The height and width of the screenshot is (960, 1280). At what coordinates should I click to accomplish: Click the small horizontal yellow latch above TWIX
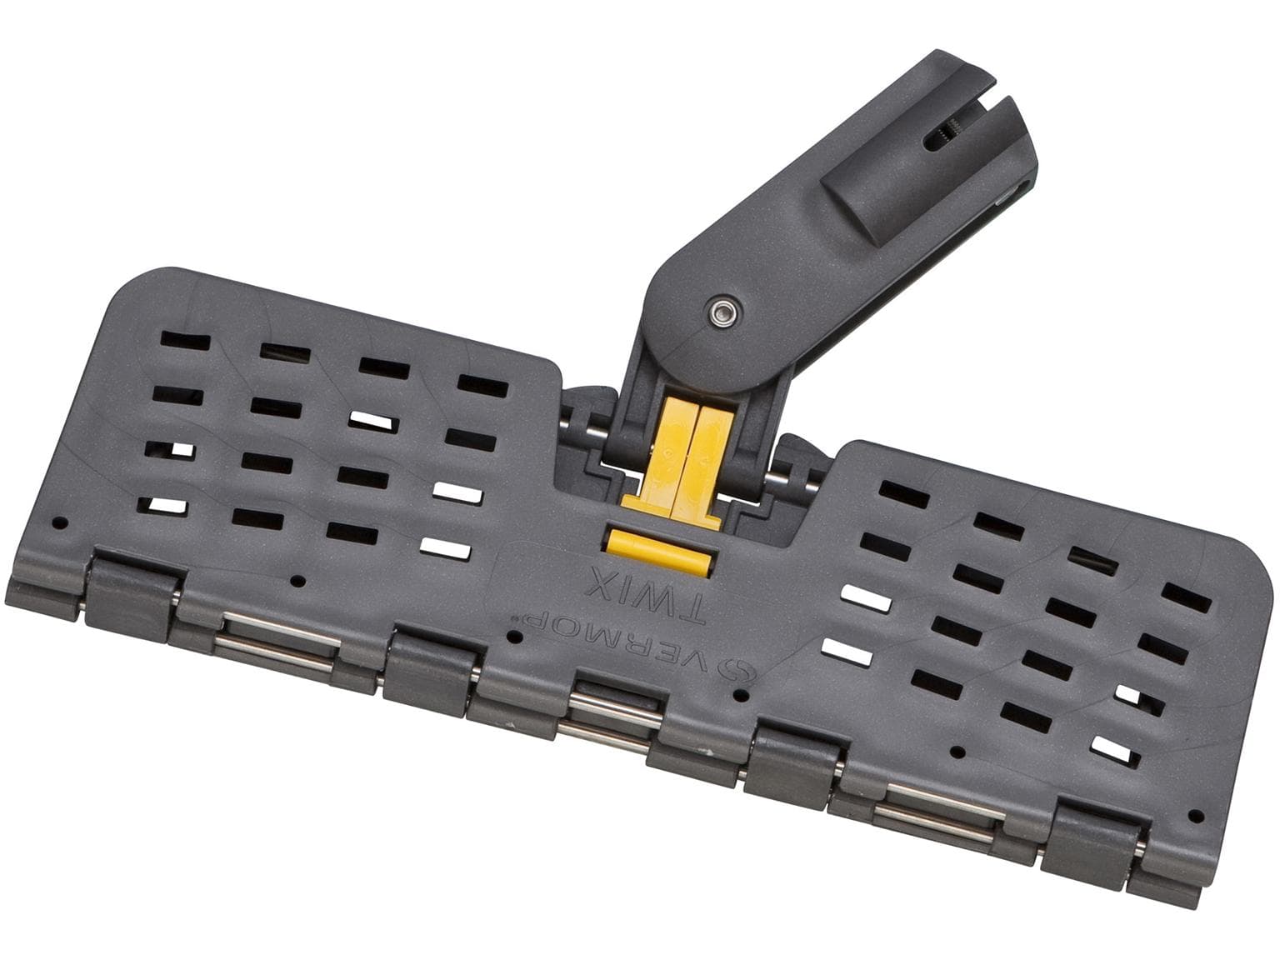tap(658, 551)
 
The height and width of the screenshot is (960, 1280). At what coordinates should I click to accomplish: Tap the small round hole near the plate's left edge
tap(60, 525)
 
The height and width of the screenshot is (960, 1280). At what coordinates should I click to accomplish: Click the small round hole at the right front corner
tap(1195, 813)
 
